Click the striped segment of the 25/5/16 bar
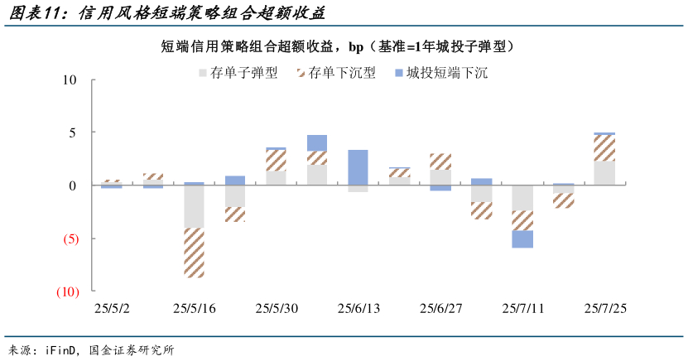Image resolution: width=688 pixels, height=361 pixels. point(194,253)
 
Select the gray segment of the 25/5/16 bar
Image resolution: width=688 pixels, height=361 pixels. point(194,206)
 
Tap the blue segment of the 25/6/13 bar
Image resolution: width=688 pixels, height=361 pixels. point(358,167)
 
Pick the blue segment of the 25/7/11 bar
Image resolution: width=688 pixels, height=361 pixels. point(522,238)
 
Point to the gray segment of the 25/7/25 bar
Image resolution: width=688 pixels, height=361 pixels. point(604,173)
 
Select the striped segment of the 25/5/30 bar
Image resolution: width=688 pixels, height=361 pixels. point(276,161)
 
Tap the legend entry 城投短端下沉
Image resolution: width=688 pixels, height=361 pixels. point(447,74)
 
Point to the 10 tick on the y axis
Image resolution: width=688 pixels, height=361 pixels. point(68,80)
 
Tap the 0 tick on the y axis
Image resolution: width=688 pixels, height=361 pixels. point(72,185)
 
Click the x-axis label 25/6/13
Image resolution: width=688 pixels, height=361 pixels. point(358,309)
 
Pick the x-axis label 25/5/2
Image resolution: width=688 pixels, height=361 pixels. point(112,309)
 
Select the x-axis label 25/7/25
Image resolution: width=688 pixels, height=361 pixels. point(605,309)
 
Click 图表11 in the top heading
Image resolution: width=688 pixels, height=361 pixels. point(37,14)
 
